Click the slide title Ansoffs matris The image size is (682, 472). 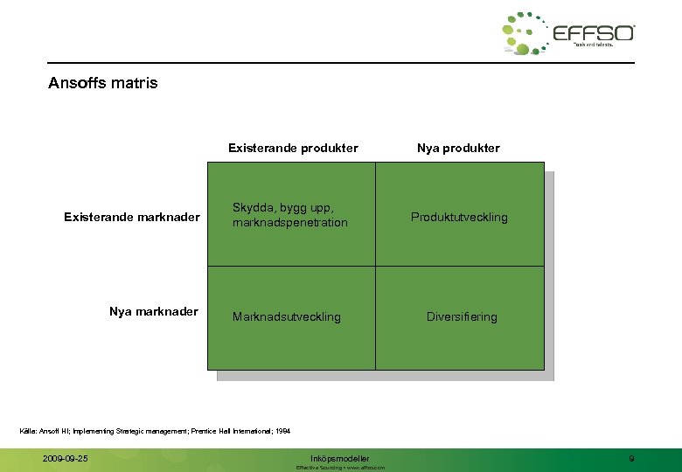pyautogui.click(x=103, y=84)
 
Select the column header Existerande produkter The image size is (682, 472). pyautogui.click(x=293, y=148)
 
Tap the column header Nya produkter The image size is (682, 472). pyautogui.click(x=458, y=148)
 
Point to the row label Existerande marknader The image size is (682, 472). pyautogui.click(x=131, y=217)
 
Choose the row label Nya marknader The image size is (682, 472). pyautogui.click(x=154, y=311)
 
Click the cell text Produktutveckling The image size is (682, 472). pyautogui.click(x=459, y=217)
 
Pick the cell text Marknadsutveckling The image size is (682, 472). pyautogui.click(x=286, y=316)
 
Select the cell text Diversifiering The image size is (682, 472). pyautogui.click(x=461, y=316)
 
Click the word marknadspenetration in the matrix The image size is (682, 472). pyautogui.click(x=289, y=223)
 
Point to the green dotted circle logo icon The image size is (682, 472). pyautogui.click(x=525, y=33)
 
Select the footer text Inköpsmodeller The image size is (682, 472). pyautogui.click(x=340, y=458)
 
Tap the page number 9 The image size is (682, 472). pyautogui.click(x=631, y=458)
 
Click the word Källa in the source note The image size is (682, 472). pyautogui.click(x=28, y=431)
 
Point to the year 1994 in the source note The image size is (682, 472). pyautogui.click(x=282, y=431)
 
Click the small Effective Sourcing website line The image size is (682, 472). pyautogui.click(x=340, y=468)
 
